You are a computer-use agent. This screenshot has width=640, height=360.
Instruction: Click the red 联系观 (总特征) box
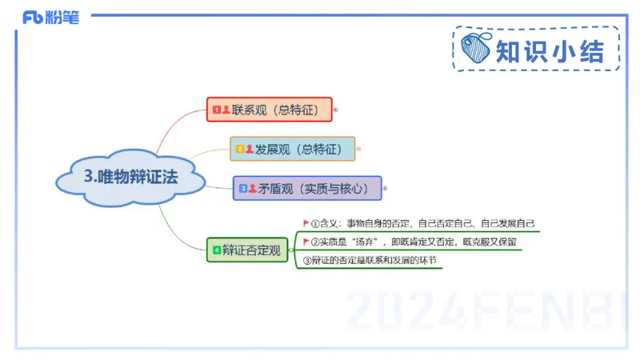[x=269, y=109]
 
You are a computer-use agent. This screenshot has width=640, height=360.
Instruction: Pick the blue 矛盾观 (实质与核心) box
[x=307, y=189]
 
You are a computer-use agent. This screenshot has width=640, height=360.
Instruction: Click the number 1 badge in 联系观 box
[x=216, y=109]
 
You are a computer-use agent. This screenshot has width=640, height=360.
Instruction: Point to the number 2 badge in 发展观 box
[x=239, y=149]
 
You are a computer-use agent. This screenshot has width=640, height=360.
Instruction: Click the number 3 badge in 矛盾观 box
[x=242, y=189]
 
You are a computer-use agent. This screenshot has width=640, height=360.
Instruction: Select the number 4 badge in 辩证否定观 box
[x=216, y=250]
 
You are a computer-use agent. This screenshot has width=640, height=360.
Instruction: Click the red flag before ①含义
[x=306, y=223]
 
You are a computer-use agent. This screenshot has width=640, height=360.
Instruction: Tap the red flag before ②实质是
[x=306, y=241]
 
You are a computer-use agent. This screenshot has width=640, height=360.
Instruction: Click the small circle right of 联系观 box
[x=335, y=110]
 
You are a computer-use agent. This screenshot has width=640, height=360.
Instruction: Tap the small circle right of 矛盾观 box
[x=385, y=189]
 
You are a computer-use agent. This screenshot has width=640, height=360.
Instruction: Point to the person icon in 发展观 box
[x=250, y=149]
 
